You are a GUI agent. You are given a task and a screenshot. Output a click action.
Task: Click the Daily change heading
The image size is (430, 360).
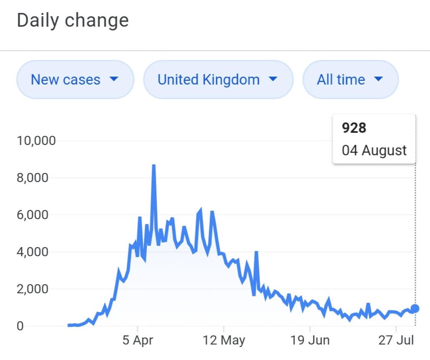(72, 20)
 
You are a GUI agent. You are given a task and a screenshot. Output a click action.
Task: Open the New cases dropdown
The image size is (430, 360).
(75, 79)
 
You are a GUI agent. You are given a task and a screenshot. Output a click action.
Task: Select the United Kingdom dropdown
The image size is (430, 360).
(218, 79)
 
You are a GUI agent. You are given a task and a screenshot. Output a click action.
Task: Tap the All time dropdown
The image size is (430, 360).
(350, 79)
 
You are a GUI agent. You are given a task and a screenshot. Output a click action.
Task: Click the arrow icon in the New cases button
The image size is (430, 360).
(114, 79)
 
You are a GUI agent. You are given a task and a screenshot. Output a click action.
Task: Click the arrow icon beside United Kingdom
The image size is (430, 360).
(273, 79)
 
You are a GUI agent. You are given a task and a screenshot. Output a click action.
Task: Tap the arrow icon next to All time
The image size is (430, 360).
(378, 79)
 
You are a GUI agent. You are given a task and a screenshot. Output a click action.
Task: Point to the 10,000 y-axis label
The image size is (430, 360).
(36, 141)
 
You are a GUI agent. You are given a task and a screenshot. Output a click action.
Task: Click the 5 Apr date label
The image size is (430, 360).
(137, 340)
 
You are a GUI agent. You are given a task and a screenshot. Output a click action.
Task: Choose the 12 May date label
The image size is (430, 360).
(225, 340)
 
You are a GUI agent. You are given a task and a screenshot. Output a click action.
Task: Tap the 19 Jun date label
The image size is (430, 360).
(310, 340)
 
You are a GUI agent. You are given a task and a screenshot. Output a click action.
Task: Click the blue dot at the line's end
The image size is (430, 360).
(415, 308)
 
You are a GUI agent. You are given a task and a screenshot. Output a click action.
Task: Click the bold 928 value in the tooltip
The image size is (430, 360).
(354, 128)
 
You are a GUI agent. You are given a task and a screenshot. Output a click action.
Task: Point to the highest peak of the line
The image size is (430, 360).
(154, 165)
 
